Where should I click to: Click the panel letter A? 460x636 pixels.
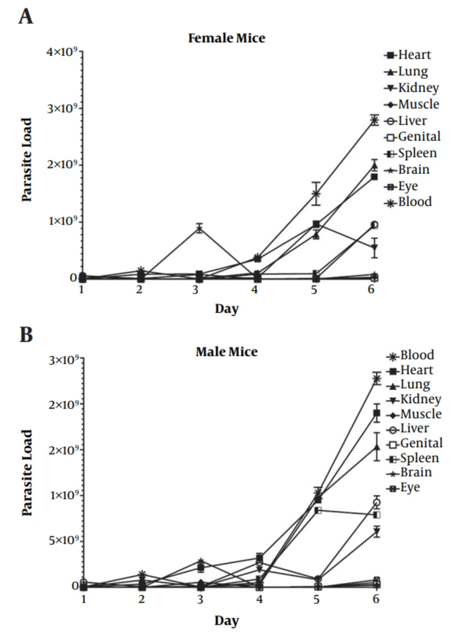[26, 17]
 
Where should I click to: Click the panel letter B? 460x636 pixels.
[26, 334]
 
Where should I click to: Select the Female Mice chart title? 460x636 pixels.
[226, 38]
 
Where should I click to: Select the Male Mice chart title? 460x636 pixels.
[226, 352]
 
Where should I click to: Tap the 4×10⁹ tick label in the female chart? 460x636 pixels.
[62, 52]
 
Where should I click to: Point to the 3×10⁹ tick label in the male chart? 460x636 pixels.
[63, 360]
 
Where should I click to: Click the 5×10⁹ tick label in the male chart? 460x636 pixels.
[63, 540]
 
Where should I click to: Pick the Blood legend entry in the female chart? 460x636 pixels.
[409, 202]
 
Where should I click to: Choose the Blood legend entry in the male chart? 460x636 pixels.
[411, 355]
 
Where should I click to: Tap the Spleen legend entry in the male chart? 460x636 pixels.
[413, 458]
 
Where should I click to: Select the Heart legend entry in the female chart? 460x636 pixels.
[408, 55]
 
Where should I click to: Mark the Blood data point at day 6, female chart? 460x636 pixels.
[374, 120]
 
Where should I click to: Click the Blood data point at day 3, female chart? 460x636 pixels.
[199, 228]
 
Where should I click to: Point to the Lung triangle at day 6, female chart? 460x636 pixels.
[374, 166]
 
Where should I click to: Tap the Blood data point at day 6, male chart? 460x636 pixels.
[377, 379]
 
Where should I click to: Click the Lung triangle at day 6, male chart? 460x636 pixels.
[377, 447]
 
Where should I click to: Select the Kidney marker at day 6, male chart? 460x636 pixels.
[377, 532]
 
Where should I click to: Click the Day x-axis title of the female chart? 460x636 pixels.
[226, 309]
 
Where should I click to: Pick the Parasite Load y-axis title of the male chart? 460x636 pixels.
[27, 473]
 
